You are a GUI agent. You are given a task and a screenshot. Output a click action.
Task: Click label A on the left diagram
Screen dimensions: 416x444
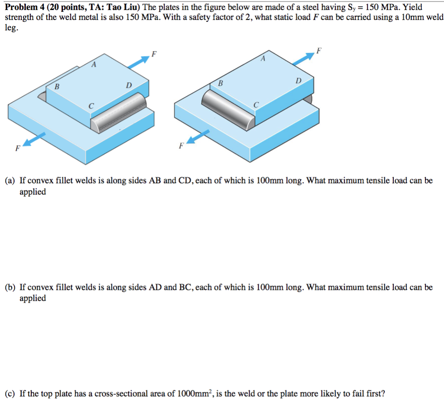point(94,65)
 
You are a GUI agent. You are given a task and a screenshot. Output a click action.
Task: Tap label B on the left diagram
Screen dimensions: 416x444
point(57,86)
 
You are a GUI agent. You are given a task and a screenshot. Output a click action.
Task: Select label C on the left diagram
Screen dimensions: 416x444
point(91,106)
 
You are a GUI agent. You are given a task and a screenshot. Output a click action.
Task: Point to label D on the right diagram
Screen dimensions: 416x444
point(298,80)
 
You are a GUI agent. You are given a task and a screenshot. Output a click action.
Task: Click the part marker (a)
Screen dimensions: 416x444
point(10,181)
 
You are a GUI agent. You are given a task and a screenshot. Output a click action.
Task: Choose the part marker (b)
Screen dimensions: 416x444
point(10,287)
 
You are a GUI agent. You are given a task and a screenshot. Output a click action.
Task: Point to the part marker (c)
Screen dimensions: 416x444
point(10,393)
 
